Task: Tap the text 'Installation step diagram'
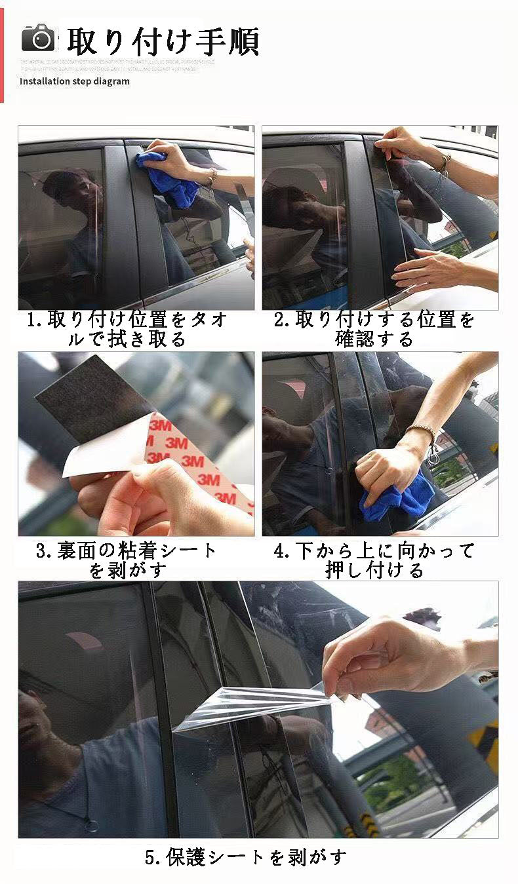(74, 81)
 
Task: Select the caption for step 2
(374, 329)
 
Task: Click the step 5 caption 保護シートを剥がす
(245, 856)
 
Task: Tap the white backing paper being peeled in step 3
(98, 459)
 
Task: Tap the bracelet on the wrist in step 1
(212, 176)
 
